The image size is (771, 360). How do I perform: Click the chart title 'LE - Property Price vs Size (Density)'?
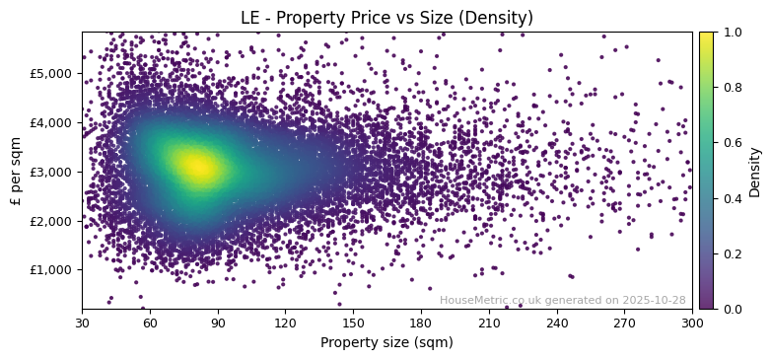386,18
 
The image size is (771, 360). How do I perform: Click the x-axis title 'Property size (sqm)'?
386,343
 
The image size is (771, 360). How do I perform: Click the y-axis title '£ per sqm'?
16,171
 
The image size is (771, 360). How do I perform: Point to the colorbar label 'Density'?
755,171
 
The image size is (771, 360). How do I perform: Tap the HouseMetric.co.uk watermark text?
562,300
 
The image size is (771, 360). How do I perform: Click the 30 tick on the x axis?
82,322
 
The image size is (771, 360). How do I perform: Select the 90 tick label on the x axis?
218,322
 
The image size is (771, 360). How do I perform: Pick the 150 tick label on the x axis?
353,322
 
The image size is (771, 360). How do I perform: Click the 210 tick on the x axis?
489,322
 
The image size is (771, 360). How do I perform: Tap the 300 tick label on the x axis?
692,322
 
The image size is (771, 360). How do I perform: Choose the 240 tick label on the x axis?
557,322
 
